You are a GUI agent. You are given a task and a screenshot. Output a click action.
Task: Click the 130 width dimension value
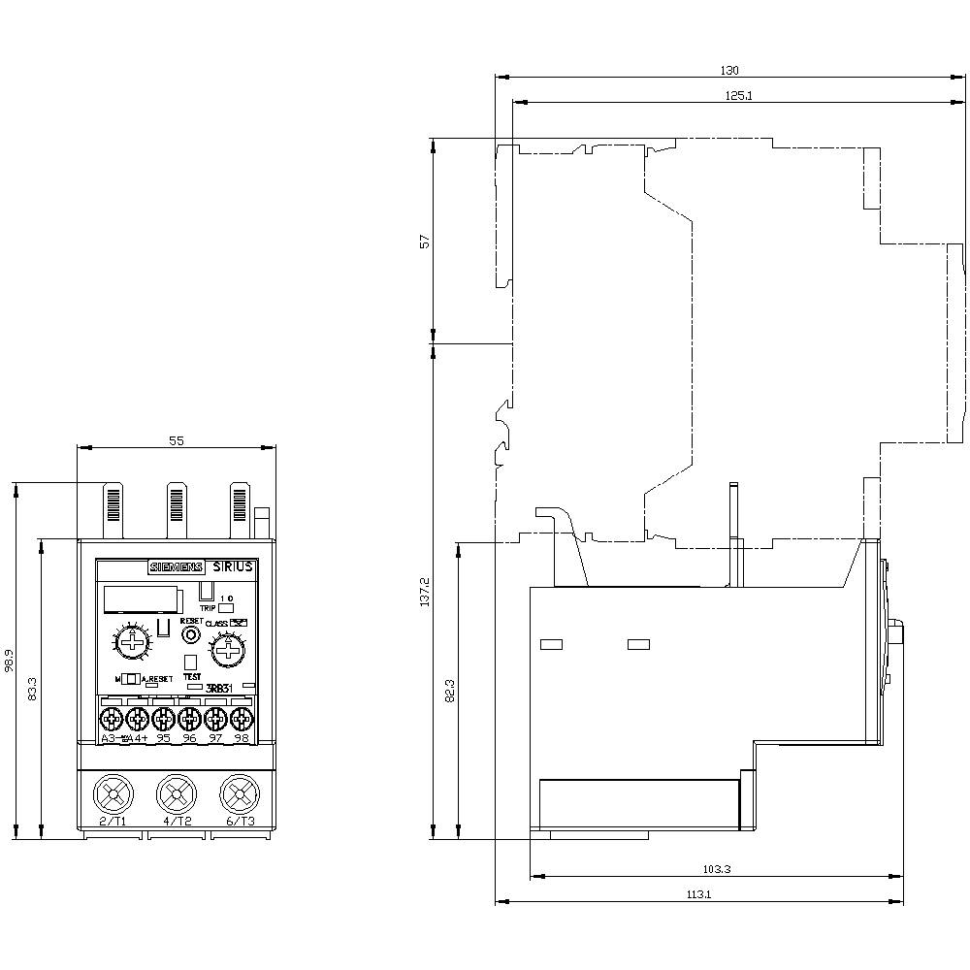[x=729, y=70]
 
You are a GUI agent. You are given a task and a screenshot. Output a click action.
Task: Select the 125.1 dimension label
[x=739, y=95]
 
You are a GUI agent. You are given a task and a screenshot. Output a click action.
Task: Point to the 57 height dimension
[x=424, y=242]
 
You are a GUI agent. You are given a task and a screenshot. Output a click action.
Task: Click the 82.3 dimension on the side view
[x=448, y=690]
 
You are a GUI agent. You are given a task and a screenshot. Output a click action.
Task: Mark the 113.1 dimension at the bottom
[x=698, y=895]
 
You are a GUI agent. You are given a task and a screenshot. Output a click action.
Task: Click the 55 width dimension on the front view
[x=177, y=440]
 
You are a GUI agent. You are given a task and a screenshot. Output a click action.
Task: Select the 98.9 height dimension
[x=9, y=660]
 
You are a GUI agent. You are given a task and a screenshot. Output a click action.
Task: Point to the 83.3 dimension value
[x=33, y=689]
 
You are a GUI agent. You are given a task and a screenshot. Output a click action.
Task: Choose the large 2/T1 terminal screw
[x=113, y=795]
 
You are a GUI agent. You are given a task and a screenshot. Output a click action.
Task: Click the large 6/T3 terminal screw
[x=240, y=795]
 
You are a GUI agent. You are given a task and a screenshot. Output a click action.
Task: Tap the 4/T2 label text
[x=177, y=822]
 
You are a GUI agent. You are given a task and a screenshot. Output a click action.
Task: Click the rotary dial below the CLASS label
[x=229, y=648]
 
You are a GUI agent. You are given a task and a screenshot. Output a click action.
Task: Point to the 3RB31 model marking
[x=222, y=688]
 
